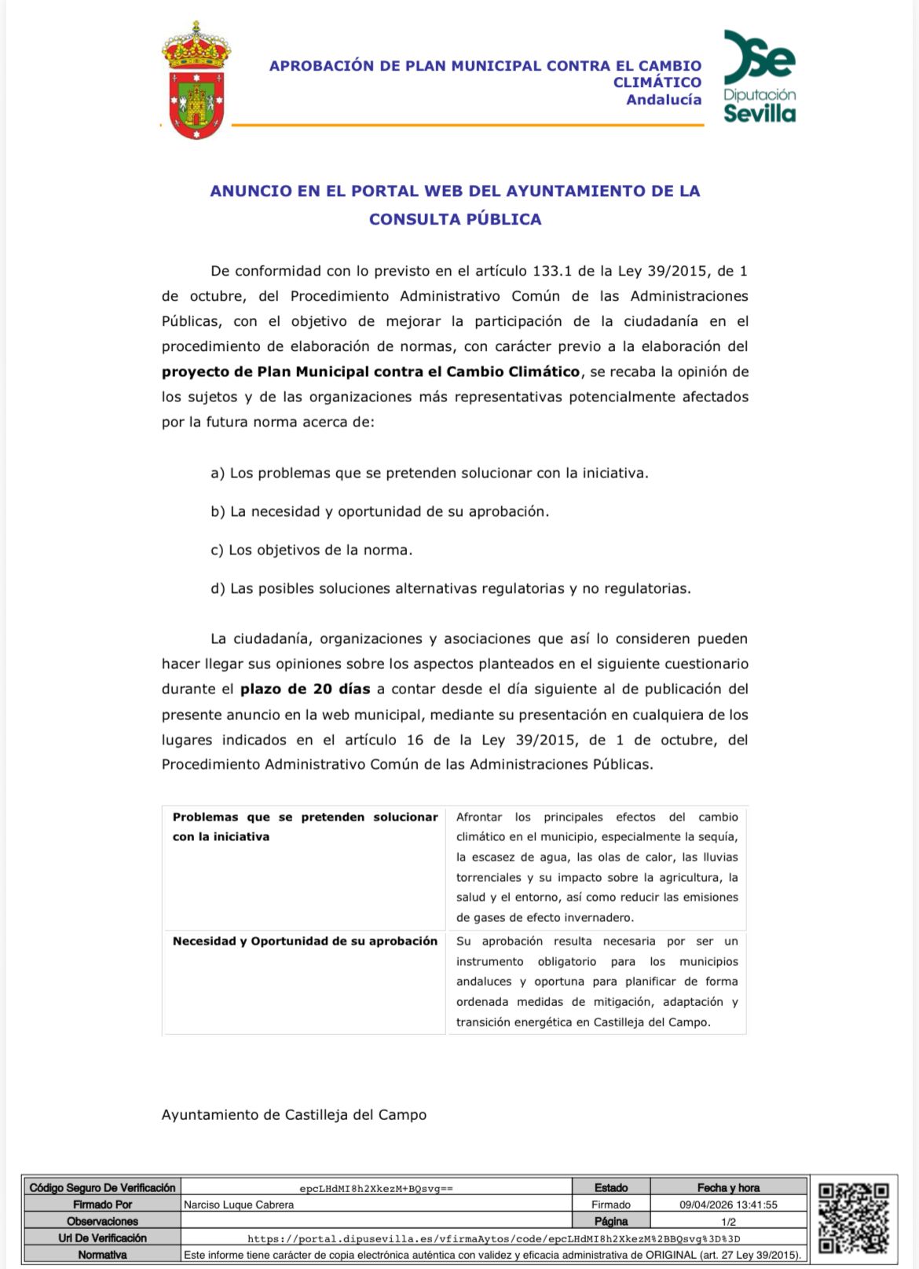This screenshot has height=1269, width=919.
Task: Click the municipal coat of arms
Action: coord(196,82)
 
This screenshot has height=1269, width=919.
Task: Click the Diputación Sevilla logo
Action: coord(759,77)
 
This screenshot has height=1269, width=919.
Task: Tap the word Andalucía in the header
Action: coord(664,100)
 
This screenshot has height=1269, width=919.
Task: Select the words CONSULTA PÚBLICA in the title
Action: coord(456,219)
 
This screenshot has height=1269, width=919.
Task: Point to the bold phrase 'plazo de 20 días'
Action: coord(305,689)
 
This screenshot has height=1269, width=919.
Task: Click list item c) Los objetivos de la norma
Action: coord(311,550)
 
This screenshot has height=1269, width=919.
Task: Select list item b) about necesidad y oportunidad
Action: coord(379,511)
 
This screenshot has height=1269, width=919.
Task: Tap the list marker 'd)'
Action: coord(218,588)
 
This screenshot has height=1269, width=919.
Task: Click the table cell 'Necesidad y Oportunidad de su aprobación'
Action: coord(305,941)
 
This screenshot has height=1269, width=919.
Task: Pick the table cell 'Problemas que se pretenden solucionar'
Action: coord(305,826)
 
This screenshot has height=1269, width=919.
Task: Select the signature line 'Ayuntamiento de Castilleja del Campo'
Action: coord(294,1114)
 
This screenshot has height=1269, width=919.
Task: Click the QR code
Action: coord(853,1218)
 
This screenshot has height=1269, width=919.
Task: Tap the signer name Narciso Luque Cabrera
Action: coord(239,1205)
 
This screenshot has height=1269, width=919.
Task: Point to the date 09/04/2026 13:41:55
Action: coord(728,1205)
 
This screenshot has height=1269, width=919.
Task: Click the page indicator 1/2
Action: coord(728,1222)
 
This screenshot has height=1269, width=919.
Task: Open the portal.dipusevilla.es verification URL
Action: coord(493,1238)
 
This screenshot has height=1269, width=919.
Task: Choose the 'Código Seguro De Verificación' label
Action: coord(102,1187)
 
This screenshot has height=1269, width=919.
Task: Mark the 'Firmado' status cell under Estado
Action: coord(611,1205)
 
